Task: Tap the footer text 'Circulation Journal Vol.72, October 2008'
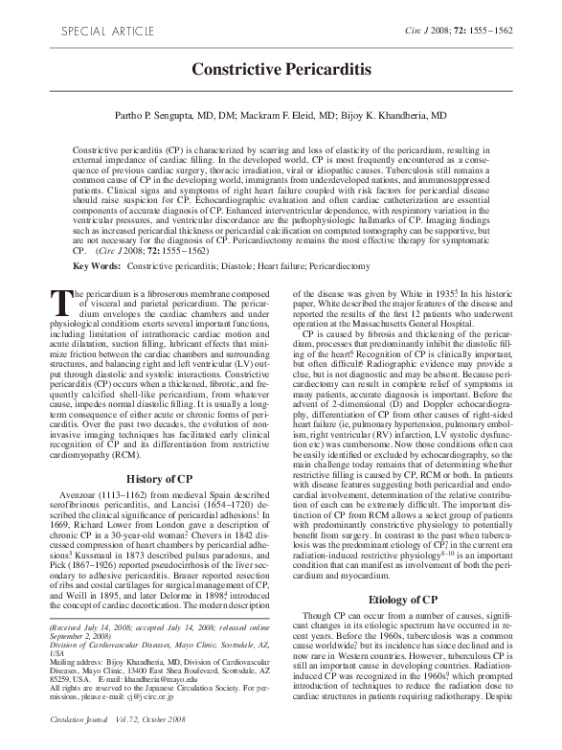[x=120, y=742]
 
